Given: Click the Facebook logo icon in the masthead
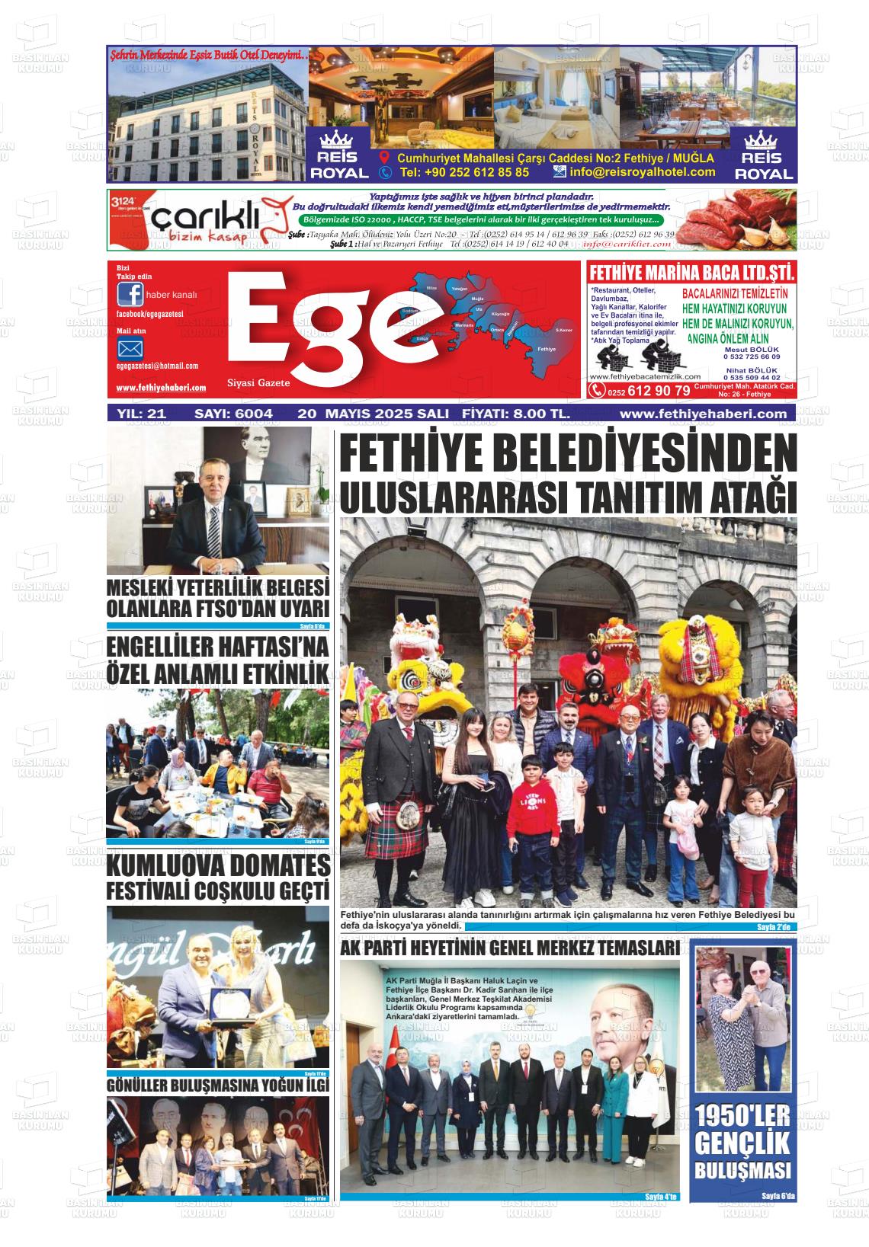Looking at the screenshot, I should coord(130,294).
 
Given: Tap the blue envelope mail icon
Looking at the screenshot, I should coord(130,350).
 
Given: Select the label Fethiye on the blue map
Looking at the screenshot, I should coord(547,348).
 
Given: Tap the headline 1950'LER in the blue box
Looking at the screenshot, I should coord(743,1118).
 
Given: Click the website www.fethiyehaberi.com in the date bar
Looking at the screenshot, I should coord(703,414).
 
